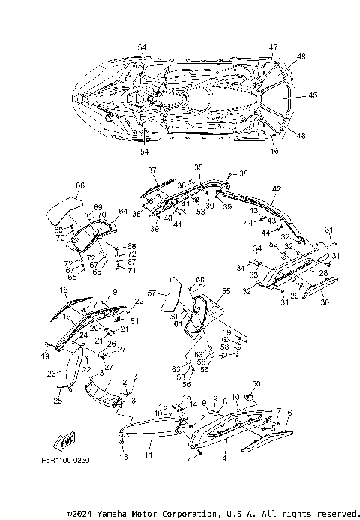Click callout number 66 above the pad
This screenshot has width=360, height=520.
80,185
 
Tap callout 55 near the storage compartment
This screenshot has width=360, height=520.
226,290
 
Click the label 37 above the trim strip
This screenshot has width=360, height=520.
151,170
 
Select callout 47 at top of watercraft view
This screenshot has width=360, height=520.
274,47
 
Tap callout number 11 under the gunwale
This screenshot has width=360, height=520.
148,455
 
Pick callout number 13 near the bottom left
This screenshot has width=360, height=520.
124,457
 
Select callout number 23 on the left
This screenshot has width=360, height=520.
51,373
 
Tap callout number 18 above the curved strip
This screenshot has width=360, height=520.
63,290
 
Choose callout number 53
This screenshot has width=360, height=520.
201,212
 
